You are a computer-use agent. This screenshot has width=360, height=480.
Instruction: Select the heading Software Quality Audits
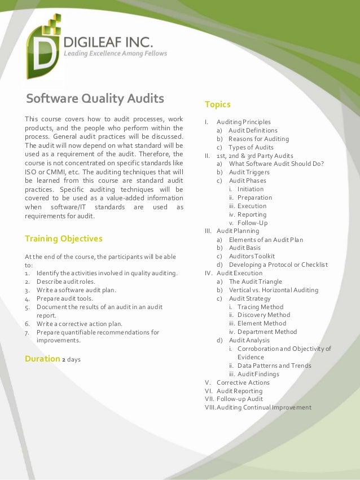pyautogui.click(x=95, y=99)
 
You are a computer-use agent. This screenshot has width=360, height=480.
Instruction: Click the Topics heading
pyautogui.click(x=217, y=104)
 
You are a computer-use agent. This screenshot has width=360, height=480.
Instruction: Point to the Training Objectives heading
pyautogui.click(x=64, y=239)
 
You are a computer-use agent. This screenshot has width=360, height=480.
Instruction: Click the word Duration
pyautogui.click(x=42, y=359)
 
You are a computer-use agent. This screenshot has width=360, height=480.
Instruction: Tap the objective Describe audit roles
pyautogui.click(x=66, y=281)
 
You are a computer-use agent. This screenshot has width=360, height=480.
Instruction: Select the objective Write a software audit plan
pyautogui.click(x=76, y=290)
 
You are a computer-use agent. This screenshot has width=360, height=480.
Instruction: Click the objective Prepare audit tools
pyautogui.click(x=65, y=298)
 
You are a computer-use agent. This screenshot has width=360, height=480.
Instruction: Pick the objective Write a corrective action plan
pyautogui.click(x=79, y=324)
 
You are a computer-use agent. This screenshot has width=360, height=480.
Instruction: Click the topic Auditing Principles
pyautogui.click(x=244, y=122)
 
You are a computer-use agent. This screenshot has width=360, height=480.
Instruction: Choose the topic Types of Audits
pyautogui.click(x=251, y=147)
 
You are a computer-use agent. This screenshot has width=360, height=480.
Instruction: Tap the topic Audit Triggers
pyautogui.click(x=249, y=172)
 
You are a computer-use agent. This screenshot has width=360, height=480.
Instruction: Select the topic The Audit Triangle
pyautogui.click(x=255, y=281)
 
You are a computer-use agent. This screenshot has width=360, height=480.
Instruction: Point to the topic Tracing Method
pyautogui.click(x=260, y=307)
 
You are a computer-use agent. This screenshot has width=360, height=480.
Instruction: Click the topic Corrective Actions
pyautogui.click(x=243, y=382)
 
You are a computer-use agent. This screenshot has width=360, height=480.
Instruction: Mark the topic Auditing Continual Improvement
pyautogui.click(x=264, y=407)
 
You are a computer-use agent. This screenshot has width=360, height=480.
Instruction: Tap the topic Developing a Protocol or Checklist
pyautogui.click(x=278, y=265)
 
